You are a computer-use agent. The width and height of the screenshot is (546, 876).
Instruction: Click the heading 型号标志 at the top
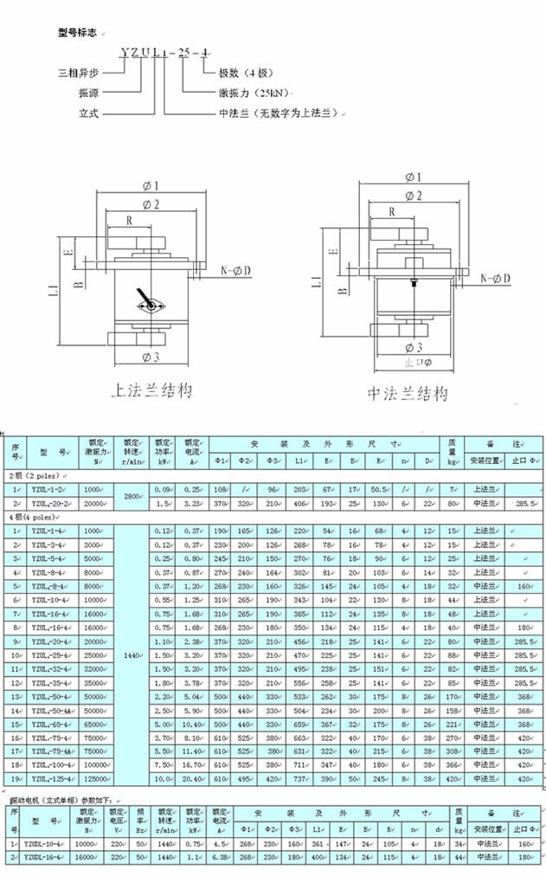(79, 33)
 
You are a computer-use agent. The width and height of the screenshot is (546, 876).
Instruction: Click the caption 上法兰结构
(151, 390)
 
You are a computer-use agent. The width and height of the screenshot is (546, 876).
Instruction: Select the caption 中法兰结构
(408, 394)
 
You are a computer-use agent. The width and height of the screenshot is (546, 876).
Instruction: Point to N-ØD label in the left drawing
(236, 272)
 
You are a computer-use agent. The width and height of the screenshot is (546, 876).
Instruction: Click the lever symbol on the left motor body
(151, 304)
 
